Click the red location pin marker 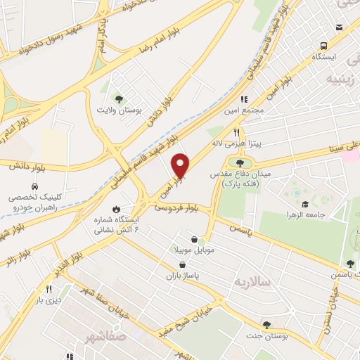tap(181, 165)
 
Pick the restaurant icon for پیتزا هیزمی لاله tap(237, 131)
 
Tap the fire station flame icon tap(116, 209)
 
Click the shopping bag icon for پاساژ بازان tap(183, 264)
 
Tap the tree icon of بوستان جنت tap(266, 324)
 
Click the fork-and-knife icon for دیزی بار tap(49, 289)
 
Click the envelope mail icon tap(340, 27)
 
